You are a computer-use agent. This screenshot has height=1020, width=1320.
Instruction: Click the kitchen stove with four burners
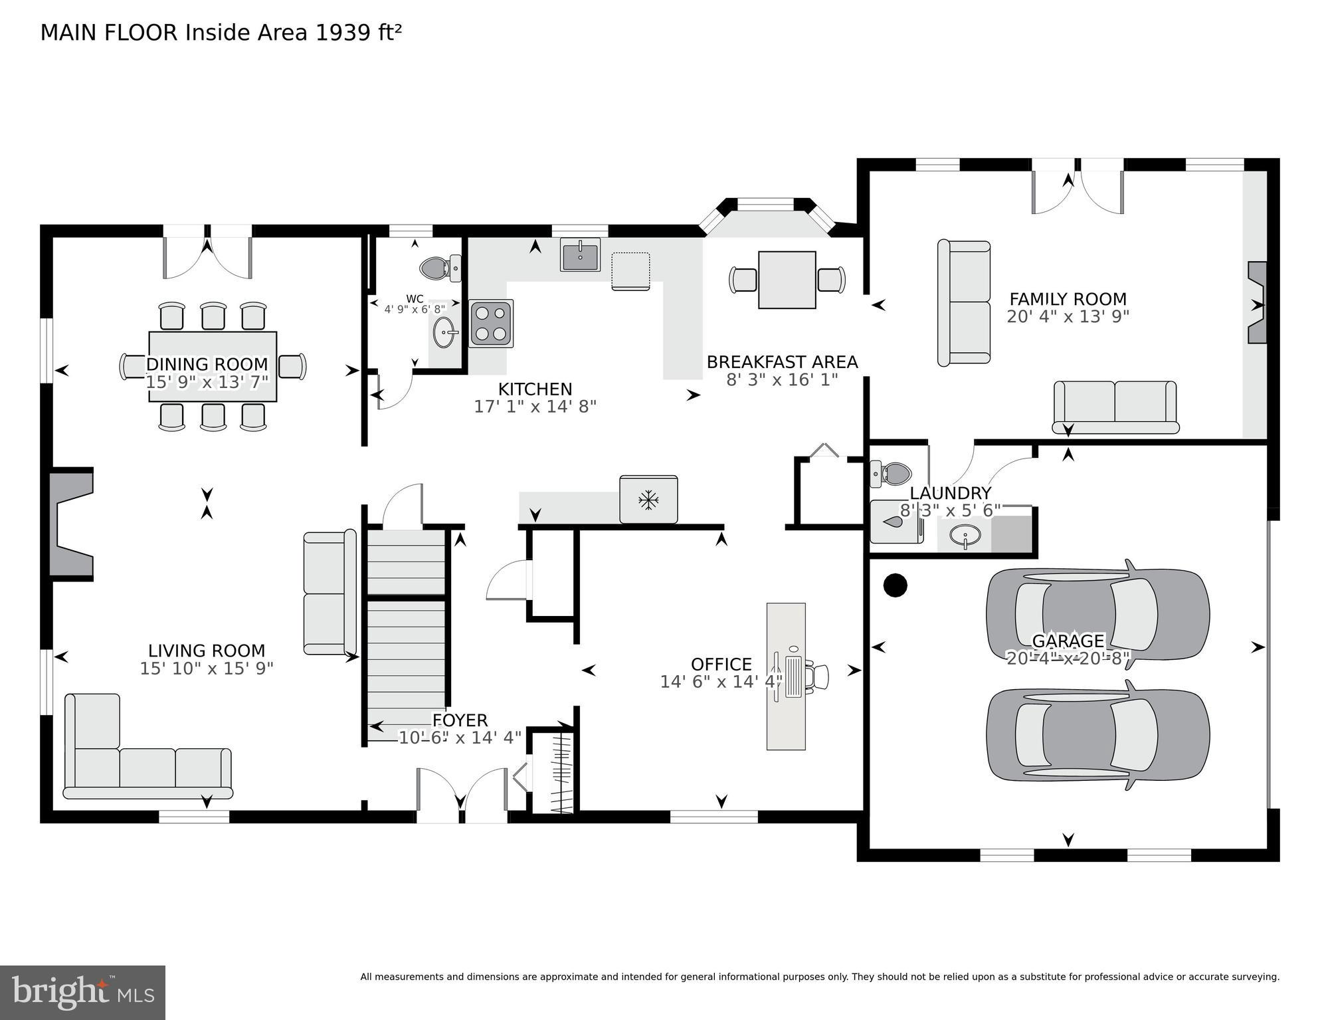[491, 324]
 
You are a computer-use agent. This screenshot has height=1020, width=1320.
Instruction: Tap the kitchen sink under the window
[580, 255]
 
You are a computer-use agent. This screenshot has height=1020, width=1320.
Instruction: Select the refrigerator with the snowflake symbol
[648, 500]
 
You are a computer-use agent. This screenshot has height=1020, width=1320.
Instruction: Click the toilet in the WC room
[440, 268]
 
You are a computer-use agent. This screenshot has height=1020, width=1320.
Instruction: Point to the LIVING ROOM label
[207, 651]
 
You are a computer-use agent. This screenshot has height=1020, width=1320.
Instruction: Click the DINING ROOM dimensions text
[207, 381]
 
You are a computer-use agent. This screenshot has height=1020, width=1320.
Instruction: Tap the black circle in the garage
[895, 585]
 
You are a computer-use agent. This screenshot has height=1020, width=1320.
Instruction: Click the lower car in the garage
[1097, 735]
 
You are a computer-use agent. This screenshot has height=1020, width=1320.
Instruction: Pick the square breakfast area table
[787, 280]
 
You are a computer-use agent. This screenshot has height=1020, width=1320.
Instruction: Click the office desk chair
[818, 676]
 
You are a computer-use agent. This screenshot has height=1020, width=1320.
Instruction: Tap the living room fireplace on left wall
[71, 524]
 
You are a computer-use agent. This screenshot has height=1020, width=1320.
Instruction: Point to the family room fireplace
[1257, 303]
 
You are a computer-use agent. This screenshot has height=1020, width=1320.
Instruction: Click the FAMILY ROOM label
[1068, 299]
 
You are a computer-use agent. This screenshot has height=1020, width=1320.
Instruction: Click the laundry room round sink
[964, 535]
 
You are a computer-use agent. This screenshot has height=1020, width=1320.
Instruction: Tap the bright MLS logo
[82, 993]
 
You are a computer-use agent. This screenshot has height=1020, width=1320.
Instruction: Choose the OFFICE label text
[721, 664]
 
